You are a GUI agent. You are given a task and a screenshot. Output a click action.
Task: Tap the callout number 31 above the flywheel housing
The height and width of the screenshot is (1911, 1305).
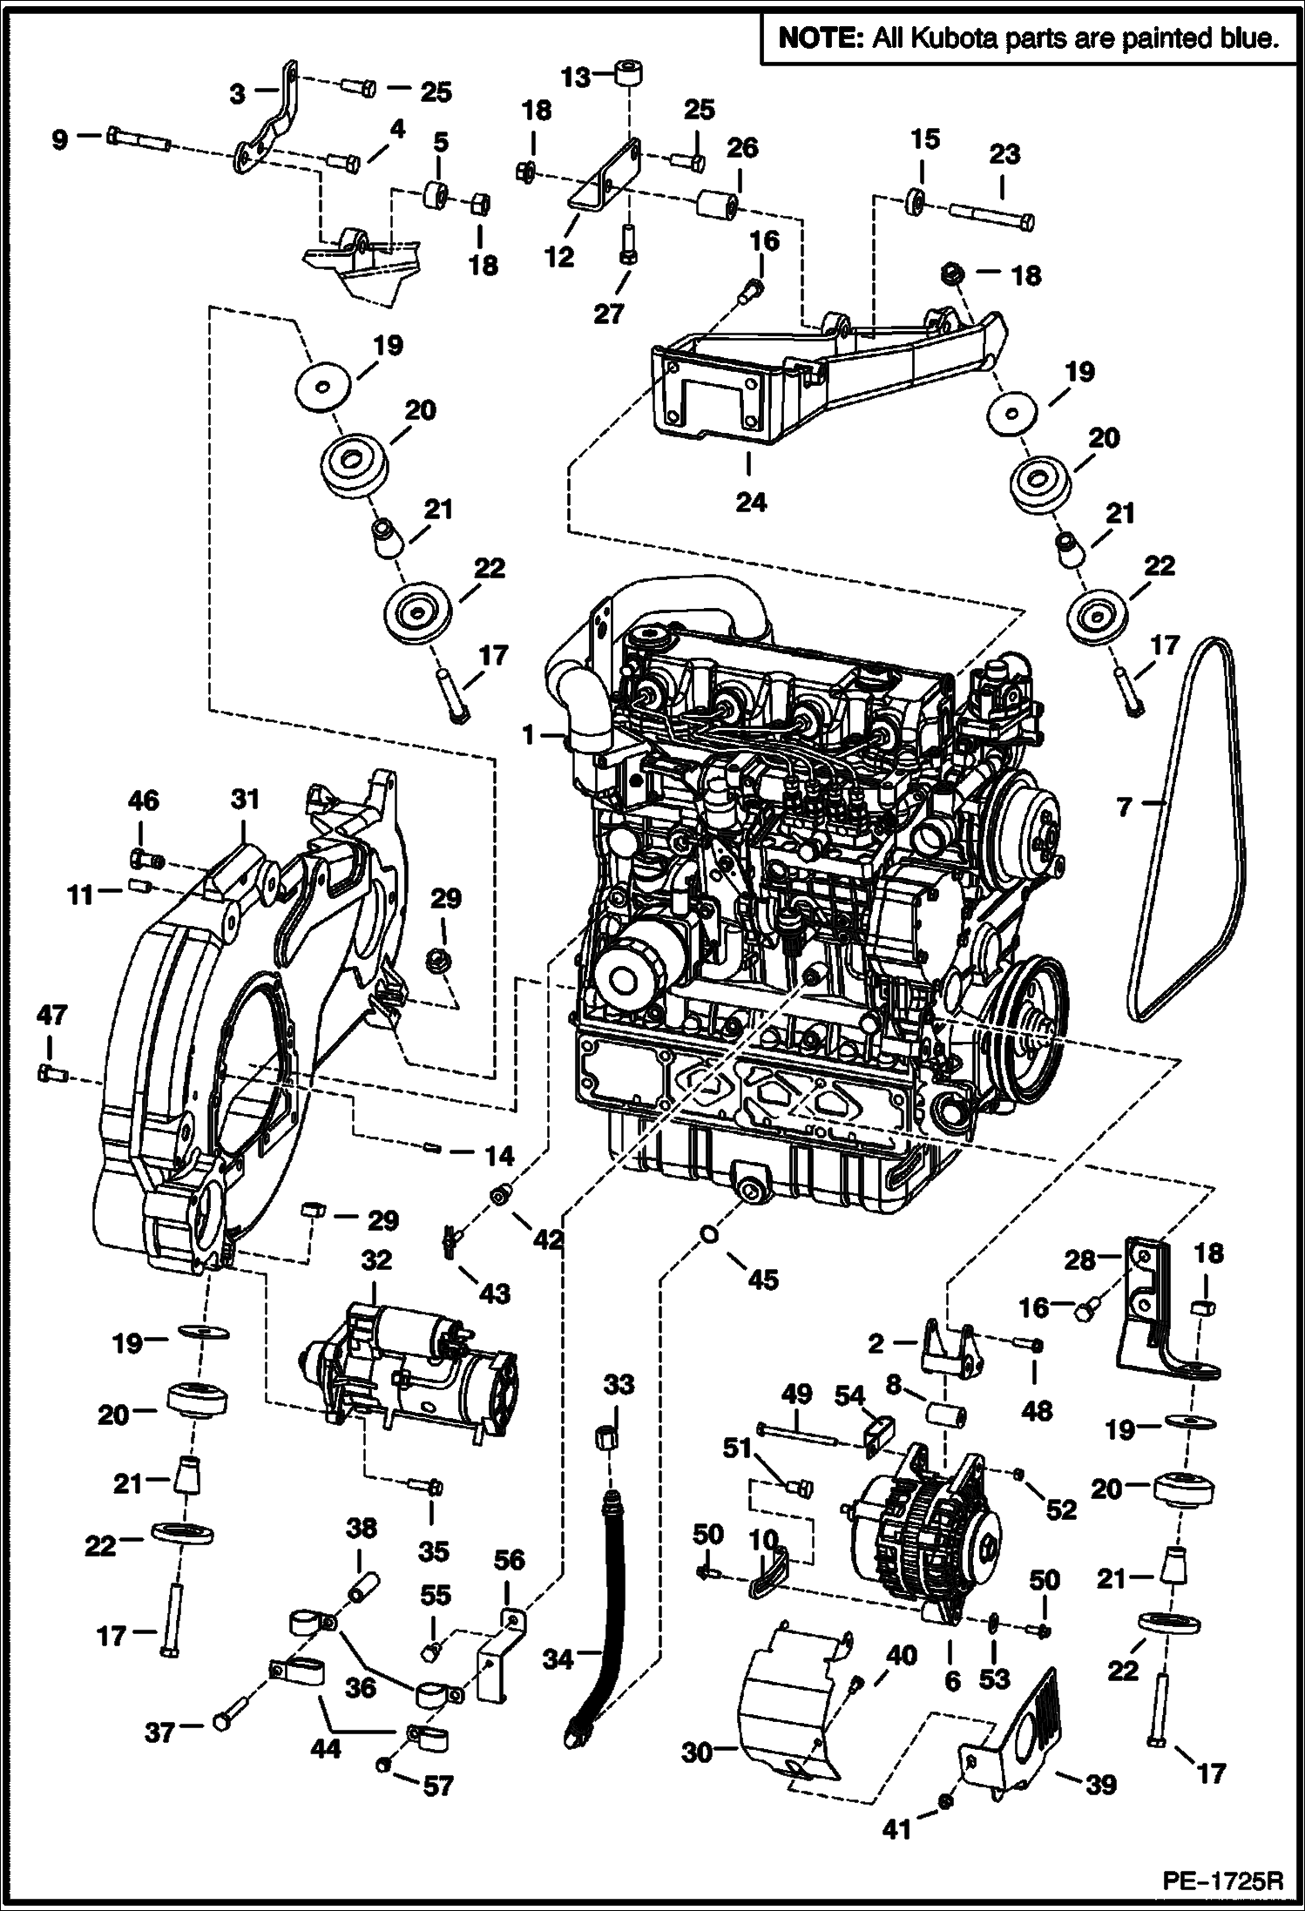pos(245,798)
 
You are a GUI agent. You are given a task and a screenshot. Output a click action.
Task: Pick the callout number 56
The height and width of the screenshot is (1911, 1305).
pos(509,1559)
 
